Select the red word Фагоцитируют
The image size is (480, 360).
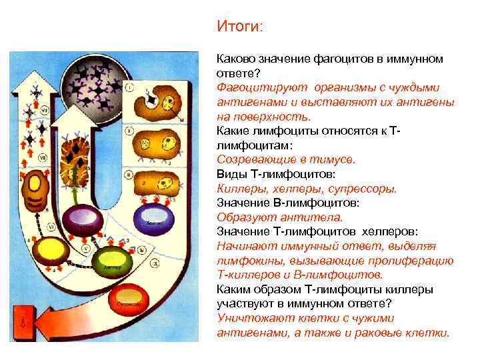[x=249, y=87]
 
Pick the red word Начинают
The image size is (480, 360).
[x=241, y=246]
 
